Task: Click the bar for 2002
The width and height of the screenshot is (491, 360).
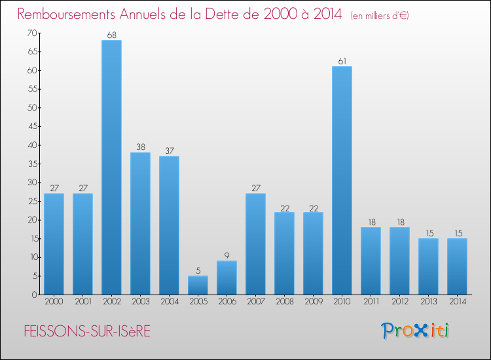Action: pos(111,167)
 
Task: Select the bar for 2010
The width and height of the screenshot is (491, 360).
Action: pos(342,180)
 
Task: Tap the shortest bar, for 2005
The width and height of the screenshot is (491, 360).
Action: pos(198,285)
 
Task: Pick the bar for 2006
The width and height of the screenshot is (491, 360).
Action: pos(227,278)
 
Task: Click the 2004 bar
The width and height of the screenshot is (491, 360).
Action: pos(169,225)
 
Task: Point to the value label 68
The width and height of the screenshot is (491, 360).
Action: pos(112,35)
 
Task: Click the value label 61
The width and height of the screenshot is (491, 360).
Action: pos(342,62)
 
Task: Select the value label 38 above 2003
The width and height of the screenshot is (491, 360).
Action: pos(141,147)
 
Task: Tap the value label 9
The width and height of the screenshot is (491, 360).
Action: pos(227,255)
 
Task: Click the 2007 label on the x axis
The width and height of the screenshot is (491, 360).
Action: pos(256,302)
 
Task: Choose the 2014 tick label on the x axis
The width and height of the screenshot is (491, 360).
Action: pos(458,302)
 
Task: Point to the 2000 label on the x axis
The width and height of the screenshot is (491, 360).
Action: pos(54,302)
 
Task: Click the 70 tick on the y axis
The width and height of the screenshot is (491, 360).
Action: pos(32,33)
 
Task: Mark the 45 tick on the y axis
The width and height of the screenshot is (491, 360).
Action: pos(33,126)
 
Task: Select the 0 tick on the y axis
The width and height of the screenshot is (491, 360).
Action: pos(35,295)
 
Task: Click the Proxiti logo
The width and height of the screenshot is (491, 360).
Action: pos(415,331)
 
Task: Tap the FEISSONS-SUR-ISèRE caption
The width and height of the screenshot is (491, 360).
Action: pos(87,331)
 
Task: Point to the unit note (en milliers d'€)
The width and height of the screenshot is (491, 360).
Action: pos(380,16)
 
